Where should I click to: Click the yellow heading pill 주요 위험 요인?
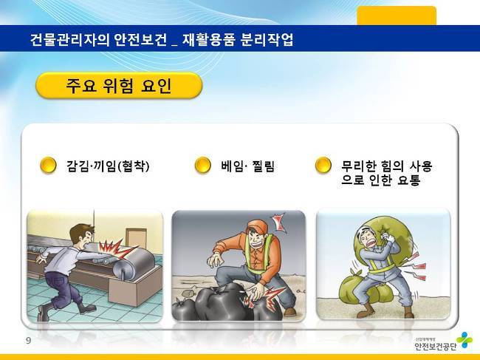tap(119, 86)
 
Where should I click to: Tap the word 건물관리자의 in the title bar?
tap(70, 39)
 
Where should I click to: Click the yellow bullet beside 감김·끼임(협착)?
tap(48, 165)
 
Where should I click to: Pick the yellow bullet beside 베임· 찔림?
tap(202, 165)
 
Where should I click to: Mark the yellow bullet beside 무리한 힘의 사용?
tap(323, 165)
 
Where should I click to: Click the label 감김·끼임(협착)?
tap(108, 166)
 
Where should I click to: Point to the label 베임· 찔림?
tap(247, 166)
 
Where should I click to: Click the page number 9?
tap(29, 341)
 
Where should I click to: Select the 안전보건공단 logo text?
tap(435, 346)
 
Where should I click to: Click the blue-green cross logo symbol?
tap(464, 340)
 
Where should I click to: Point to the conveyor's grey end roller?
tap(134, 265)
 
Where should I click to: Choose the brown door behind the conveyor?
tap(136, 239)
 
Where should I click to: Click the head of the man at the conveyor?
tap(81, 235)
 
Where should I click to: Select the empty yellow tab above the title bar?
tap(397, 16)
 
